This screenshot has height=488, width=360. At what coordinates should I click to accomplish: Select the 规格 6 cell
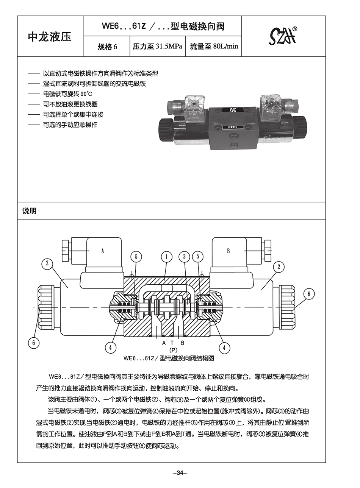tap(107, 47)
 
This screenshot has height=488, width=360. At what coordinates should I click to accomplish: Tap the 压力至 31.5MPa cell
tap(157, 47)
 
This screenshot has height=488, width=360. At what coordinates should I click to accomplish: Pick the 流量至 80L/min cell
tap(214, 47)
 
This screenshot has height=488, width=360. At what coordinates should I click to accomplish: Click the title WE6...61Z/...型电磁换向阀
tap(163, 26)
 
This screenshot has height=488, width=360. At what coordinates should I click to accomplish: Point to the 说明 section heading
tap(30, 211)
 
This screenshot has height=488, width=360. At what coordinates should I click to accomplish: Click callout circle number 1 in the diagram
tap(166, 257)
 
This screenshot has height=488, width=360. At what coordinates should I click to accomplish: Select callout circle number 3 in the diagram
tap(185, 257)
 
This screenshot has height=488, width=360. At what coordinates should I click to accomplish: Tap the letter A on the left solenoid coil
tap(102, 251)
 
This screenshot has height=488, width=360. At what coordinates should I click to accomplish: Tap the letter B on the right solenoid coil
tap(229, 251)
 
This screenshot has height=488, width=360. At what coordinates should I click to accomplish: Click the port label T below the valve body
tap(173, 343)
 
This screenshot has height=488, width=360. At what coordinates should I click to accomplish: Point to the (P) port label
tap(173, 350)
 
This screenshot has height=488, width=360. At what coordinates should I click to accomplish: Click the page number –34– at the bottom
tap(180, 472)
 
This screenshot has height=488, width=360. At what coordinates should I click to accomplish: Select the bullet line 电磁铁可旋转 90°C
tap(68, 94)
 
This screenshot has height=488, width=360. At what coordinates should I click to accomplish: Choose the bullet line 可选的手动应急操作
tap(70, 125)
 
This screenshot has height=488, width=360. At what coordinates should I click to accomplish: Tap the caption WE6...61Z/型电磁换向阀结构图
tap(169, 358)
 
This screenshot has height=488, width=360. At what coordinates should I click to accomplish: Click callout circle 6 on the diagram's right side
tap(309, 294)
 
